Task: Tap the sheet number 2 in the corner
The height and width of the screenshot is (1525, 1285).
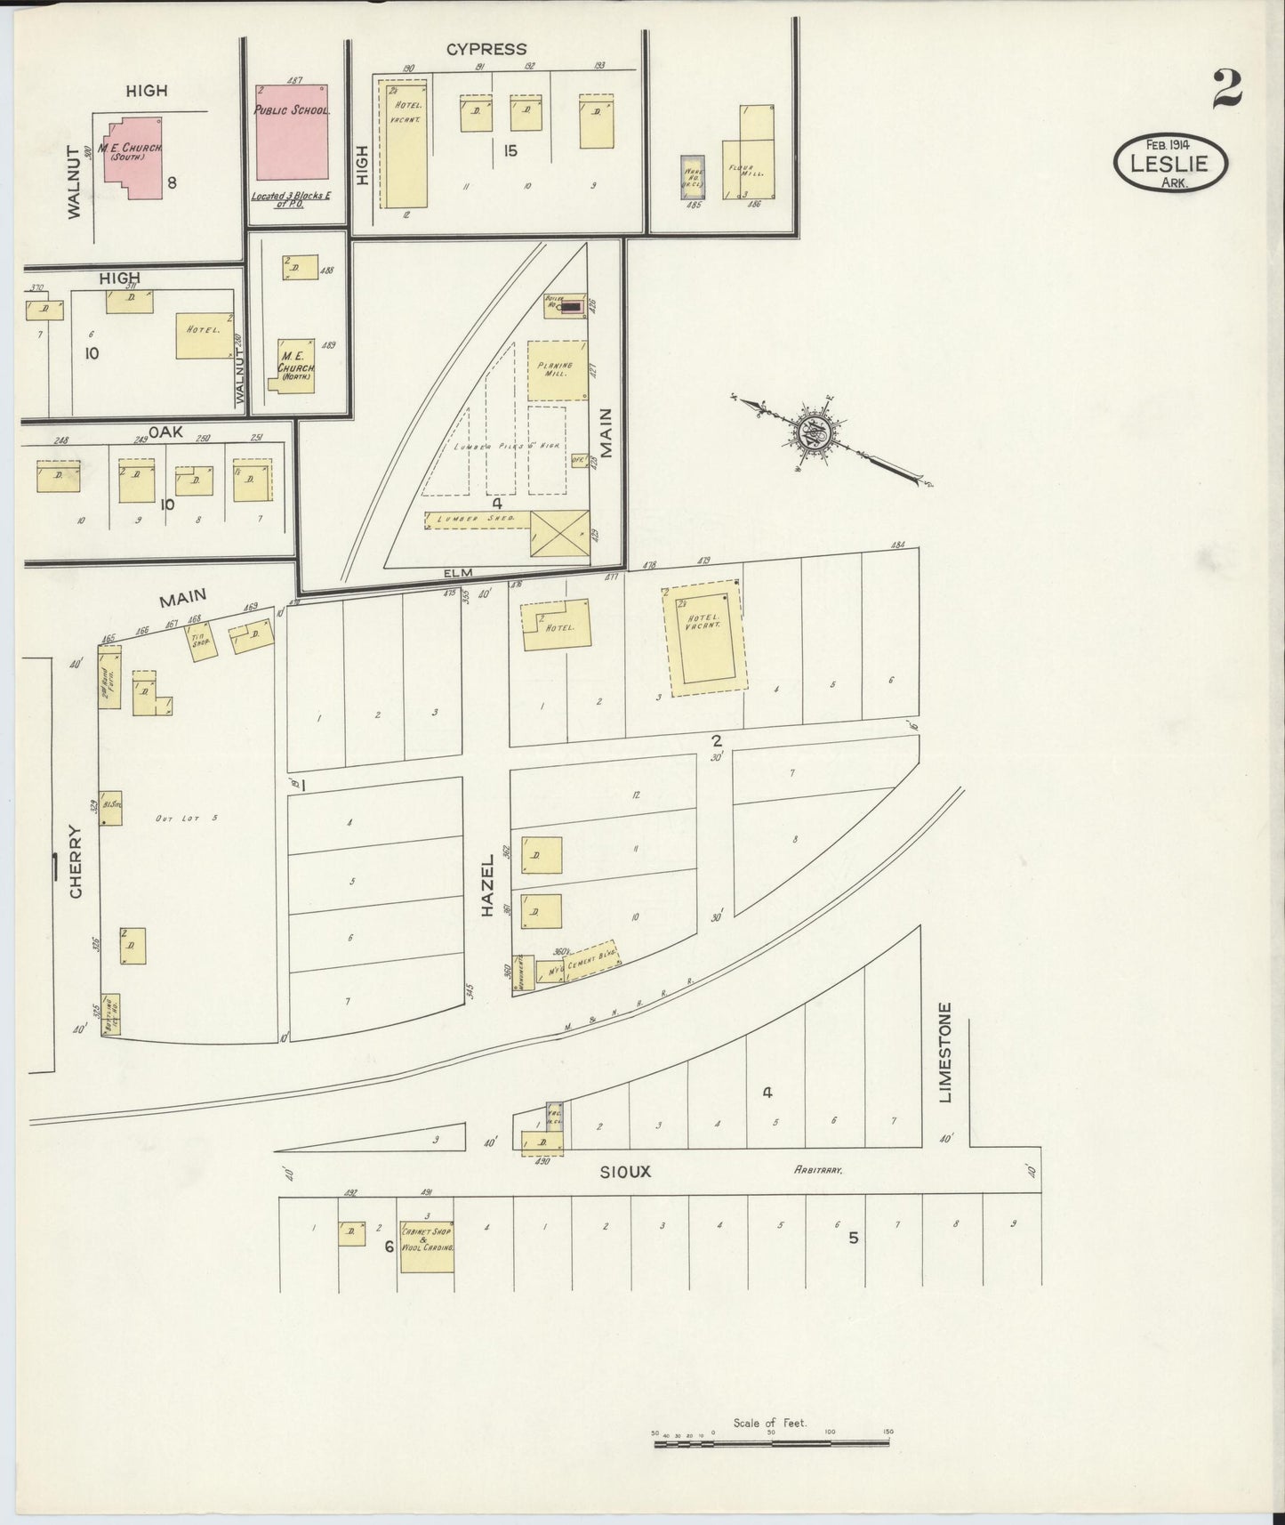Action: (1226, 90)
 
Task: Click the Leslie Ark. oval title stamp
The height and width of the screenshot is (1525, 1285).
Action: (1169, 163)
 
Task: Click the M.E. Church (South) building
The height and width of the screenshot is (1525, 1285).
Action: (132, 157)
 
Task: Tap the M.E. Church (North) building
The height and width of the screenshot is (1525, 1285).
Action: (294, 365)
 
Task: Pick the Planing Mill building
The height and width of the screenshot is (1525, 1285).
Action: (558, 369)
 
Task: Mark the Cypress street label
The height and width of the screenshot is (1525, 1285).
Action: (486, 50)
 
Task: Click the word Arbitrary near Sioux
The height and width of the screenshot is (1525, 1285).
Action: (817, 1172)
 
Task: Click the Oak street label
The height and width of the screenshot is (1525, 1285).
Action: (165, 432)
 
